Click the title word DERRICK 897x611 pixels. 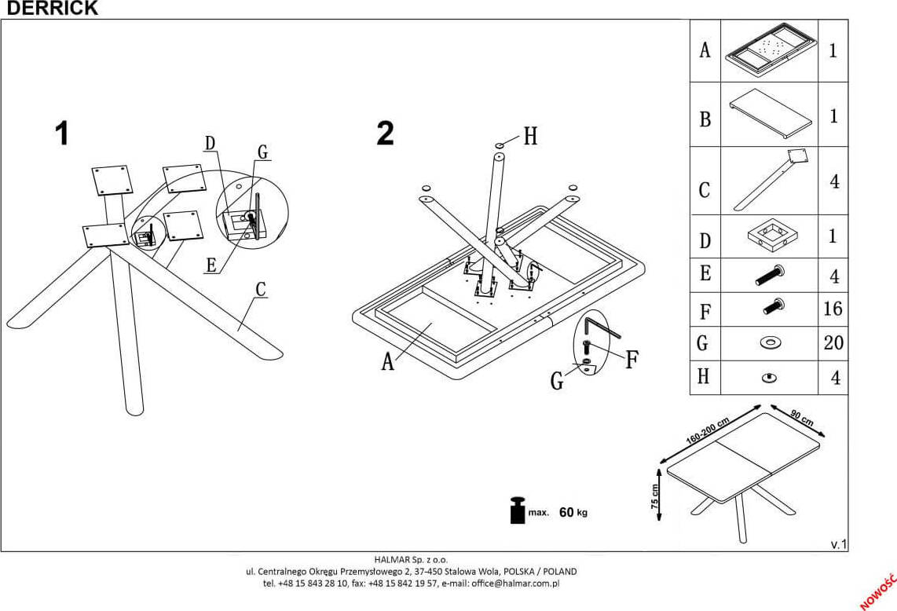point(49,9)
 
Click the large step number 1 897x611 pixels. point(62,134)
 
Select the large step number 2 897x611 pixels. point(385,134)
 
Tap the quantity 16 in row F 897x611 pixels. point(833,309)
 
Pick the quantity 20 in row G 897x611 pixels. point(833,343)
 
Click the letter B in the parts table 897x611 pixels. point(705,119)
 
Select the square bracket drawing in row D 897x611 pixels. point(769,236)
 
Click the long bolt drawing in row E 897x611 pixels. point(770,275)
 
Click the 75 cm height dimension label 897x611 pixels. point(655,496)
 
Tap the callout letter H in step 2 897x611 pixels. point(530,137)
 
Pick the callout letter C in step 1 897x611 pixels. point(261,290)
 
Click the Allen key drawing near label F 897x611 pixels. point(601,327)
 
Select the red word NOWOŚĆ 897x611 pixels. point(880,591)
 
